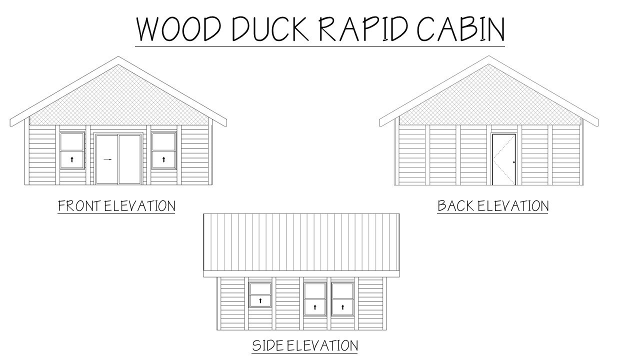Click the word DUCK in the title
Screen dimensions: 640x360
[270, 29]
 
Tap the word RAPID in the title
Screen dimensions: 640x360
[362, 29]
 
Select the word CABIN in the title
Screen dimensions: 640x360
[461, 29]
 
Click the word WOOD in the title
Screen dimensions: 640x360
[179, 29]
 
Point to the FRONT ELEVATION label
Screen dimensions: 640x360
[116, 206]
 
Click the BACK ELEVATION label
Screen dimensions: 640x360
[493, 206]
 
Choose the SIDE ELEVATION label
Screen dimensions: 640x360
[305, 345]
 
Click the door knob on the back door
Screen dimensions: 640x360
[513, 162]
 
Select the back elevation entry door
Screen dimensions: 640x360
[504, 159]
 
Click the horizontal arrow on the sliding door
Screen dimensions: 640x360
[107, 159]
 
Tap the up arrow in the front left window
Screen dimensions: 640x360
[72, 159]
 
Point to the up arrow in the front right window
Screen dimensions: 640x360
[163, 159]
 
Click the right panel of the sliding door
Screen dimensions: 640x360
[129, 159]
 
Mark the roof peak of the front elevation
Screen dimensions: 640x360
[118, 56]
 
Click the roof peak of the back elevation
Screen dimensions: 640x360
[488, 56]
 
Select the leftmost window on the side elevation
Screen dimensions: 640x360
[260, 295]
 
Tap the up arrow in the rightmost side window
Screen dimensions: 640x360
[342, 307]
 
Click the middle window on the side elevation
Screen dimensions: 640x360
[315, 299]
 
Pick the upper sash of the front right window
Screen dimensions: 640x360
[163, 141]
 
